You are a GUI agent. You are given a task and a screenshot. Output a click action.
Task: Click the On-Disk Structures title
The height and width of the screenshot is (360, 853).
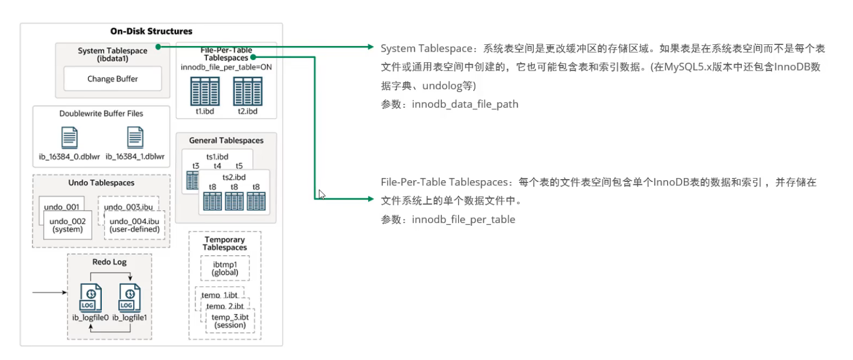pos(151,31)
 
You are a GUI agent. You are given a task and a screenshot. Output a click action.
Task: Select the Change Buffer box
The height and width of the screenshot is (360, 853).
pos(113,79)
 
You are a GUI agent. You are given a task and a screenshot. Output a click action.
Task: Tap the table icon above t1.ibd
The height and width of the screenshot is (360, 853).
pos(205,91)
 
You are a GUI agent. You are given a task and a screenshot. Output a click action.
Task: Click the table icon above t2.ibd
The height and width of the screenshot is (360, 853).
pos(248,91)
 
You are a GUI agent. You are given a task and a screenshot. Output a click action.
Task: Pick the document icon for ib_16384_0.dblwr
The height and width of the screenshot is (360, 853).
pos(69,137)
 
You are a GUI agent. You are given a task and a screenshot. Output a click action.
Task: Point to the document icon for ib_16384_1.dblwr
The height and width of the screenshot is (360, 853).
pos(135,137)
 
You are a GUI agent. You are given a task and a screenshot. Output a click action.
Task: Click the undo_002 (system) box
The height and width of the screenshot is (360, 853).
pos(68,225)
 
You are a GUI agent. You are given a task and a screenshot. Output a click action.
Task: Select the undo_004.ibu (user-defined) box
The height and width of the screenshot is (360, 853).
pos(134,225)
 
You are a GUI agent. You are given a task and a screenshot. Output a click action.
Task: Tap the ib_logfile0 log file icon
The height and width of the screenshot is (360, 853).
pos(91,298)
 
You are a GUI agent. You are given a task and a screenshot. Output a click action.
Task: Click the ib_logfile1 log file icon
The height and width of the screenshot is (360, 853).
pos(130,298)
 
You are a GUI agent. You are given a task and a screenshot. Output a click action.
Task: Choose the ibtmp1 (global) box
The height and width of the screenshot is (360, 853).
pos(225,268)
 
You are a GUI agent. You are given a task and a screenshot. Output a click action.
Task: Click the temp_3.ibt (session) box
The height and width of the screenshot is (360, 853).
pos(230,321)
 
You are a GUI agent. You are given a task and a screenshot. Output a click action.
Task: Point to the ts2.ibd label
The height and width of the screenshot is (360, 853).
pos(234,177)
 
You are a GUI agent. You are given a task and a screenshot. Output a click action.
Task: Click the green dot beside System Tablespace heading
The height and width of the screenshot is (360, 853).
pos(158,47)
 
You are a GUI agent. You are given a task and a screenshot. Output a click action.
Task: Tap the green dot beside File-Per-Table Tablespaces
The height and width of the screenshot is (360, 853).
pos(253,57)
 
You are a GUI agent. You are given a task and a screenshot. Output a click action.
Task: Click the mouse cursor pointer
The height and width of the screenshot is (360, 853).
pos(322,194)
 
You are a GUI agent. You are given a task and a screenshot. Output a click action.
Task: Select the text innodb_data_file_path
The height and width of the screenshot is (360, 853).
pos(465,104)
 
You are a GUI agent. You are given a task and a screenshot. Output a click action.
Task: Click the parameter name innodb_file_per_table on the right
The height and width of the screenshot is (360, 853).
pos(463,220)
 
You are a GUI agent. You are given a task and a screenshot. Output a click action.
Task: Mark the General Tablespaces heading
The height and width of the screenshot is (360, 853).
pos(226,141)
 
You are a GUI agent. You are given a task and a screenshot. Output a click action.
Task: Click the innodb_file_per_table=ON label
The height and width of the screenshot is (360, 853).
pos(226,67)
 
